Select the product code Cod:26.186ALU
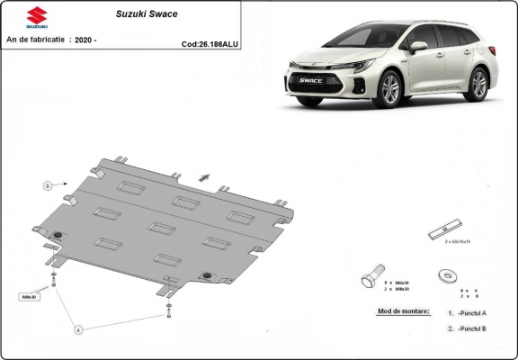coord(210,42)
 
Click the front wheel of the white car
coord(391,90)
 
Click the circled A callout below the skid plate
coord(78,329)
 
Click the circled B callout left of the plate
coord(46,185)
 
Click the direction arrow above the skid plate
coord(203,178)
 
